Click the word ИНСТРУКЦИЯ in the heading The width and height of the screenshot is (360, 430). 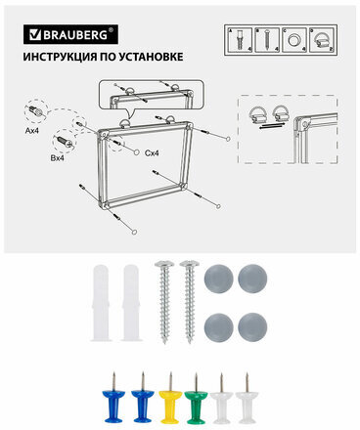[x=63, y=57]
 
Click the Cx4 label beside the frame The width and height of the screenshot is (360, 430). [x=153, y=152]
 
